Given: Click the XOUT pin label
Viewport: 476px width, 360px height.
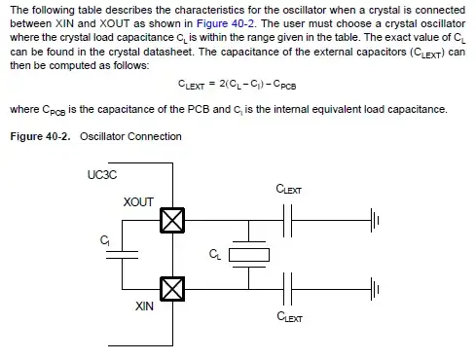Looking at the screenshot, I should click(138, 201).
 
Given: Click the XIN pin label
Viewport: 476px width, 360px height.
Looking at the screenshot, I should click(145, 306).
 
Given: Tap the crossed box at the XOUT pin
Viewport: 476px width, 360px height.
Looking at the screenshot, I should click(172, 222).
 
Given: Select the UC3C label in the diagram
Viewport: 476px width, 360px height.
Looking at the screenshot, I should click(101, 175).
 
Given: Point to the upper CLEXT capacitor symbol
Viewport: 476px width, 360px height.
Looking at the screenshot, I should click(288, 222).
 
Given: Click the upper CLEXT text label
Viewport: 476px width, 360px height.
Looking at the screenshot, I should click(289, 190).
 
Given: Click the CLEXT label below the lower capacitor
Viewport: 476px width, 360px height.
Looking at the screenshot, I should click(289, 317).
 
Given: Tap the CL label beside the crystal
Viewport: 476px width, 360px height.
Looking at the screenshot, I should click(215, 254).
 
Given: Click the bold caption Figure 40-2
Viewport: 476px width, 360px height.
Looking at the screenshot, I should click(40, 136).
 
